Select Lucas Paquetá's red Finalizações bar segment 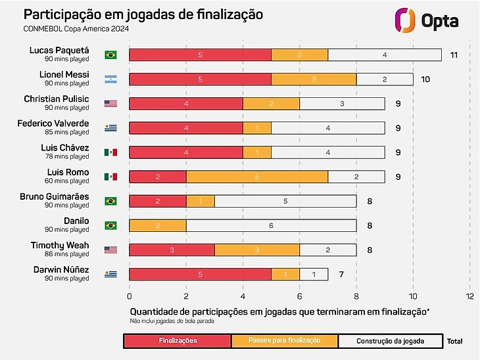pos(200,55)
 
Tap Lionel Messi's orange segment pos(314,79)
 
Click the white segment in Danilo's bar pos(271,225)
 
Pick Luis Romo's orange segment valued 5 pos(256,177)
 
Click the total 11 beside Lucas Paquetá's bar pos(454,55)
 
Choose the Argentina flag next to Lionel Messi pos(110,79)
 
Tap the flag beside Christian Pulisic pos(110,104)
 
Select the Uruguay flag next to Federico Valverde pos(110,128)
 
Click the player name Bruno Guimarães pos(59,196)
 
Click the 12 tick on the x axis pos(469,296)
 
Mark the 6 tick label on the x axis pos(299,296)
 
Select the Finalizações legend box pos(178,341)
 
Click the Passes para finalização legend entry pos(285,341)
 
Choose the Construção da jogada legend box pos(390,341)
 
